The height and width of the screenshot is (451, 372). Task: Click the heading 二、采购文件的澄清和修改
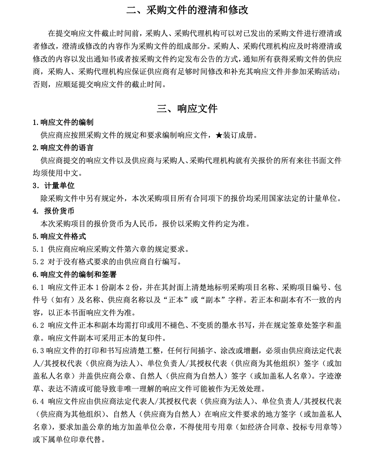pyautogui.click(x=187, y=10)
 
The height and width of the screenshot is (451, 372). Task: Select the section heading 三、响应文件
pyautogui.click(x=187, y=109)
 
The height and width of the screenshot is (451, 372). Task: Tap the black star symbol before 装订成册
pyautogui.click(x=219, y=135)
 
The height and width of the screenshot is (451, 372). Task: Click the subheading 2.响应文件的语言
pyautogui.click(x=63, y=148)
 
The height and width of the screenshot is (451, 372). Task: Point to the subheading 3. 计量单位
pyautogui.click(x=54, y=185)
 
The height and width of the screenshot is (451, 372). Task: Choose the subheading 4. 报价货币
pyautogui.click(x=54, y=211)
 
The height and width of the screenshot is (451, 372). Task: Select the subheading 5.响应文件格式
pyautogui.click(x=59, y=236)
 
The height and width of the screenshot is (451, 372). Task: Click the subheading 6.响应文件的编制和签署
pyautogui.click(x=75, y=275)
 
